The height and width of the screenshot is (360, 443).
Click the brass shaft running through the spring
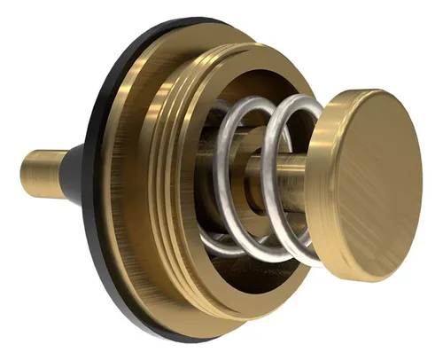(266, 168)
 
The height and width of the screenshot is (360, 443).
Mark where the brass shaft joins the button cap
(312, 168)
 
